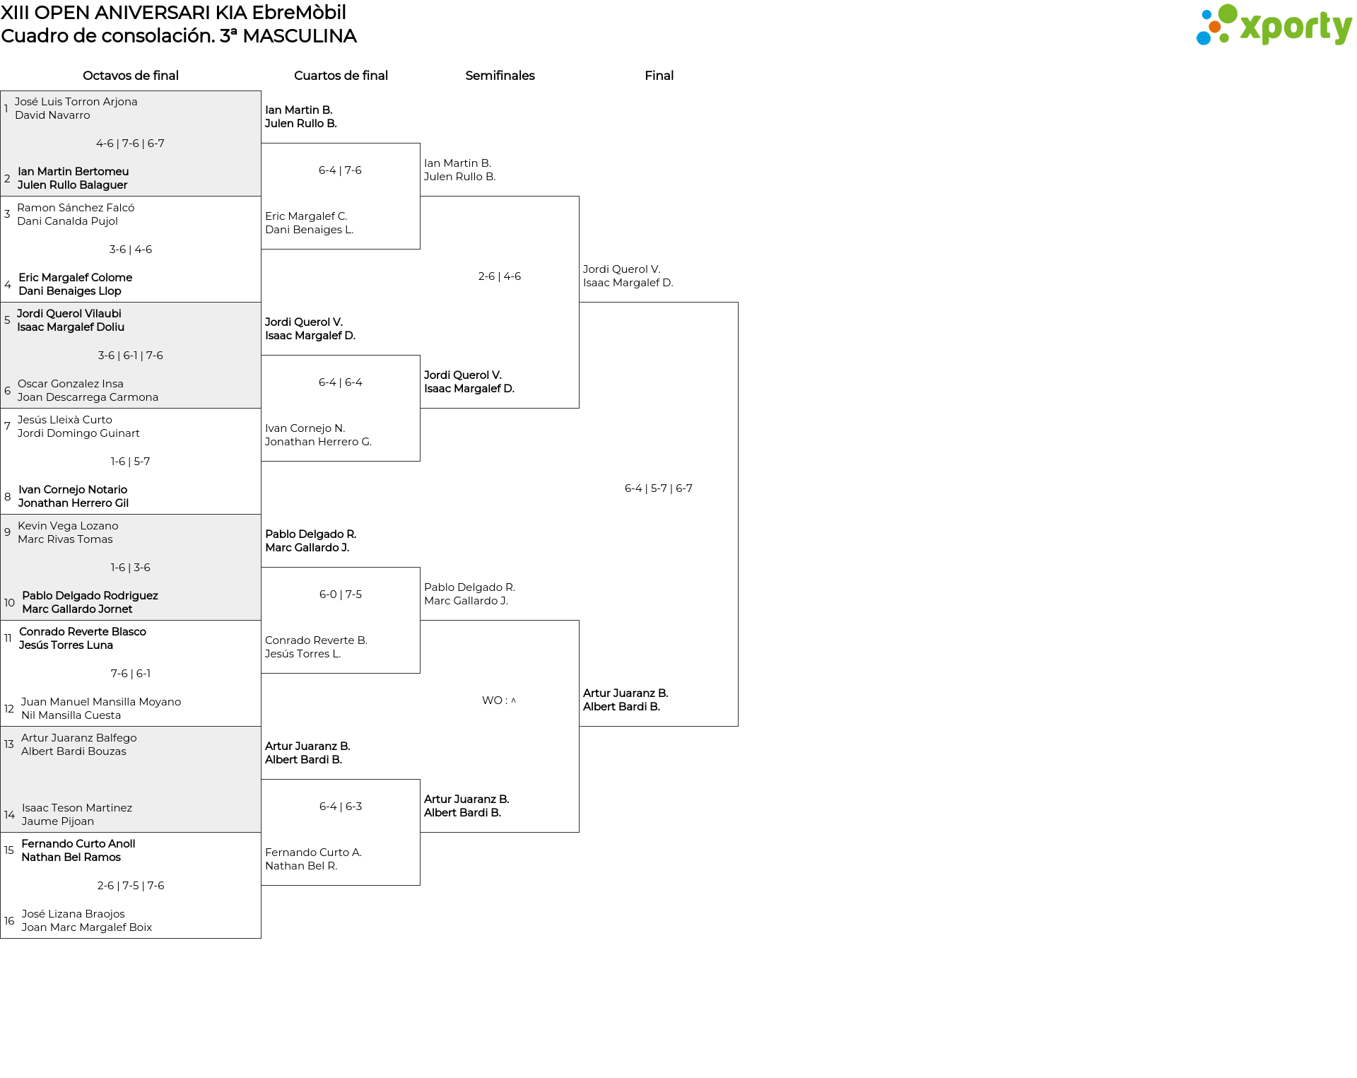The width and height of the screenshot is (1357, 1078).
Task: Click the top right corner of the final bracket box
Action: pos(738,303)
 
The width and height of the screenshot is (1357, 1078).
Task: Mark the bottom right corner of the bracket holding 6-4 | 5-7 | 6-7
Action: pos(738,726)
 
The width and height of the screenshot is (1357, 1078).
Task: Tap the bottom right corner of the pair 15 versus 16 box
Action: pos(261,938)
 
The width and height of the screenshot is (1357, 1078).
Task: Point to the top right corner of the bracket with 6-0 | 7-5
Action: pos(420,568)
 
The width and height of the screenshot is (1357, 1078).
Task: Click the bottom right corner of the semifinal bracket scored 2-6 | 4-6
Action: pos(579,408)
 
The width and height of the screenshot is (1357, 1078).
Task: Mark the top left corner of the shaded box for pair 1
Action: pos(1,91)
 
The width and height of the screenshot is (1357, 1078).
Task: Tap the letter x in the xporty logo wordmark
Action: pos(1252,28)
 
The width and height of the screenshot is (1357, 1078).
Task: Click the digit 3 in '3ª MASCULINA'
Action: pos(225,36)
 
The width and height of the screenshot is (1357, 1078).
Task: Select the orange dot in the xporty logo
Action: pos(1215,27)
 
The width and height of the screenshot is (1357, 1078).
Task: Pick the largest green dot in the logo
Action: pos(1228,13)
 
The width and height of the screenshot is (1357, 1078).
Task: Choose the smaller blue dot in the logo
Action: pos(1206,13)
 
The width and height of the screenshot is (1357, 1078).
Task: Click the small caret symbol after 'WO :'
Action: pos(513,701)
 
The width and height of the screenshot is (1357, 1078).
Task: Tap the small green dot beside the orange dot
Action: pos(1225,37)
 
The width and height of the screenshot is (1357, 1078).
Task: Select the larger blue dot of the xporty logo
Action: pos(1203,37)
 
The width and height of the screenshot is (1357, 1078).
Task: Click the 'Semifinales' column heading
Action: pos(500,76)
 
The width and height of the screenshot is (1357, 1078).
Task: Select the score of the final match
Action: pos(659,488)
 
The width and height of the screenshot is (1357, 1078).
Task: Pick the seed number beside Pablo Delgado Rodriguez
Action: pos(9,603)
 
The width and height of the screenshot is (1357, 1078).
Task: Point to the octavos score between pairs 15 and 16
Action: pos(131,886)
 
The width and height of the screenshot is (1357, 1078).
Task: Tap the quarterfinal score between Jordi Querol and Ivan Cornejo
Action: pos(341,382)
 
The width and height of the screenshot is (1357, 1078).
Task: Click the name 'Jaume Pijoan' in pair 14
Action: pos(58,821)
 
